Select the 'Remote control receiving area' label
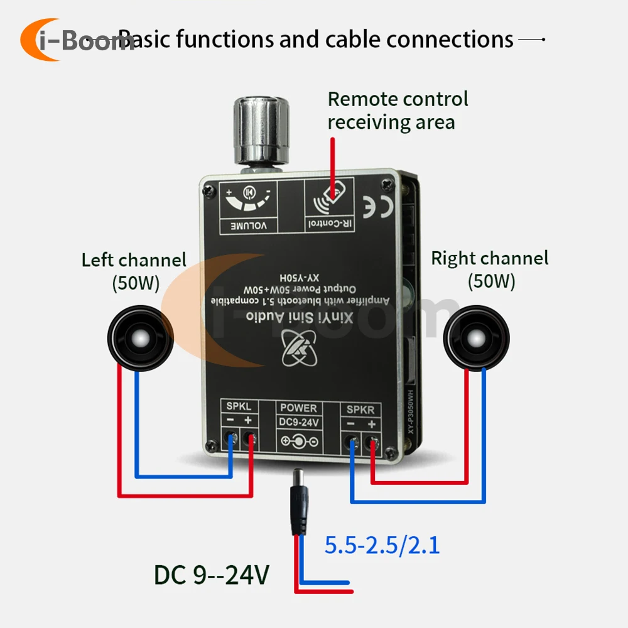(398, 110)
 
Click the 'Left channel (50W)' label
(134, 271)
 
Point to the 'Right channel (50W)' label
(490, 269)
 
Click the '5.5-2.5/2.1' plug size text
(382, 544)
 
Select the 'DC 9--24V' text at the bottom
(212, 575)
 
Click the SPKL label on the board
(239, 407)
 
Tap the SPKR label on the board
(360, 409)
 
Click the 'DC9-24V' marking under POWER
(299, 422)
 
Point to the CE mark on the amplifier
(379, 205)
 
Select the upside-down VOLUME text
(246, 224)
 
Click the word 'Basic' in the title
(144, 40)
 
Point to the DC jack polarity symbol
(299, 441)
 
